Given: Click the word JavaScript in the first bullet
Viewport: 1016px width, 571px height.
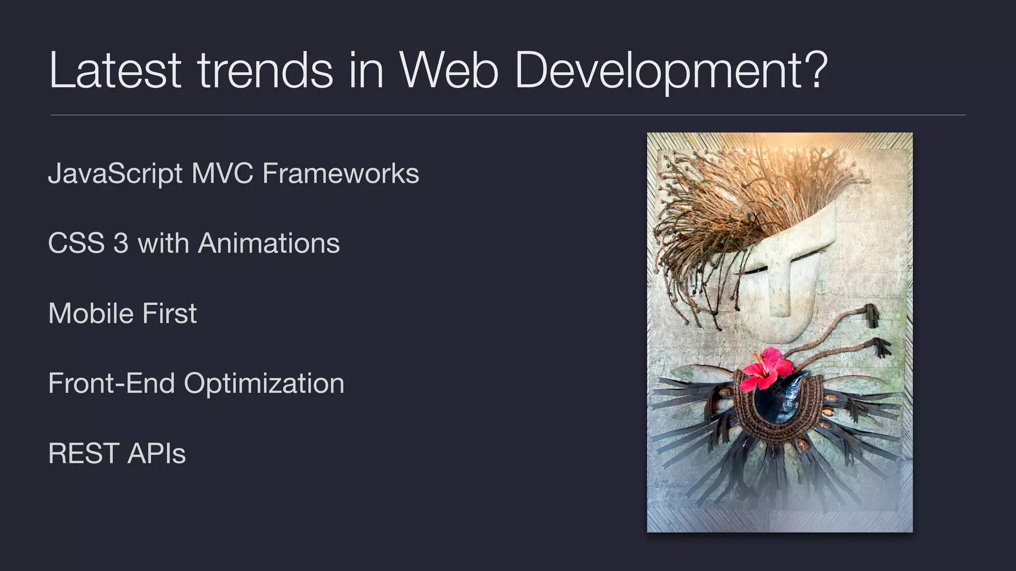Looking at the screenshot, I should pos(115,173).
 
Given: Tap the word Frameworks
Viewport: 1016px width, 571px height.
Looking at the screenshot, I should pos(340,173).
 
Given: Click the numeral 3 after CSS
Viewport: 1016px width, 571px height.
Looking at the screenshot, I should pos(121,243).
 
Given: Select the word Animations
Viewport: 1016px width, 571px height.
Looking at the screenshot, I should pos(269,243).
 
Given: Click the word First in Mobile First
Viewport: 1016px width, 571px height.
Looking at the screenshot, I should pos(169,313).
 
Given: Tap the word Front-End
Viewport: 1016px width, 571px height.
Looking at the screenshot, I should pos(112,384).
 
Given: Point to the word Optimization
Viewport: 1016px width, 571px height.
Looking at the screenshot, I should pos(264,384).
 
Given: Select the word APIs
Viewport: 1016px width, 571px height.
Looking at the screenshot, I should pos(156,454).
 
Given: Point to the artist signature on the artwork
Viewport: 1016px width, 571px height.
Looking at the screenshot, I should pos(669,488).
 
